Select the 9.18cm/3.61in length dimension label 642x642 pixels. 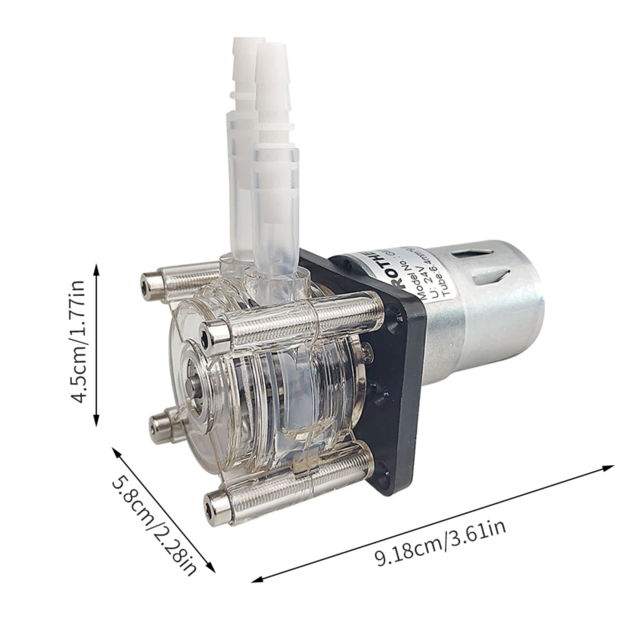[x=440, y=543]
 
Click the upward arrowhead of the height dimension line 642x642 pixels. [x=96, y=269]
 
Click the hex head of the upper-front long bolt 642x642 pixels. [x=216, y=333]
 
